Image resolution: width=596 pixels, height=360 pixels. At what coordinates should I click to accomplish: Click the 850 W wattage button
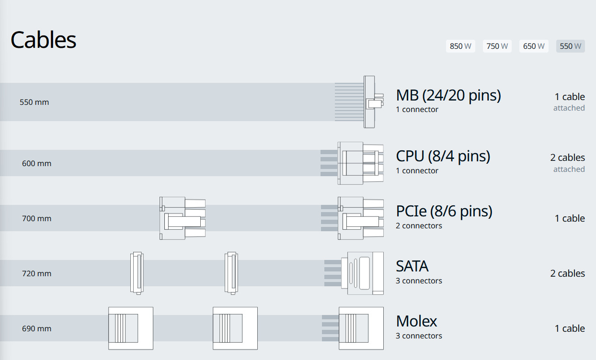click(x=460, y=46)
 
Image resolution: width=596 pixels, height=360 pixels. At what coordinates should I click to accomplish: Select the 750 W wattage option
click(x=497, y=46)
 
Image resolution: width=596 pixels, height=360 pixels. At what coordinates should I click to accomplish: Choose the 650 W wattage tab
click(x=534, y=46)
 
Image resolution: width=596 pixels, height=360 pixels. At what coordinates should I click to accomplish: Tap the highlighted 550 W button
click(x=570, y=46)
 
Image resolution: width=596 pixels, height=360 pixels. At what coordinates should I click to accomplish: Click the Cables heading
click(x=44, y=40)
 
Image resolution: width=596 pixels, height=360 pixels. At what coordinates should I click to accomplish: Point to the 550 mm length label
click(x=34, y=102)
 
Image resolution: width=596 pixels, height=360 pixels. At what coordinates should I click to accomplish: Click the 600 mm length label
click(x=36, y=163)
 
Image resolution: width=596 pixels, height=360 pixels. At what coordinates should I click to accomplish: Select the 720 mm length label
click(x=36, y=273)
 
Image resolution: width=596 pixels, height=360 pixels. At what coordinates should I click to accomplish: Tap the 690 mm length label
click(x=36, y=328)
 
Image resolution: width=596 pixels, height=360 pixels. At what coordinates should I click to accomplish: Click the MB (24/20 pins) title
click(x=448, y=95)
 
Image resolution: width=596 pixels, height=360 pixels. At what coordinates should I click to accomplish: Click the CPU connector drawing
click(x=360, y=163)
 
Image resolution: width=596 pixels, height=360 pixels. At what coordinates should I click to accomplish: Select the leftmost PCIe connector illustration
click(x=183, y=218)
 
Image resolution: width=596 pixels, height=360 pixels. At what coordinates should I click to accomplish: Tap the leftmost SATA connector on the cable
click(x=137, y=272)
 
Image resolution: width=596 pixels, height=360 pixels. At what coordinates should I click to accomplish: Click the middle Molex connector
click(x=235, y=328)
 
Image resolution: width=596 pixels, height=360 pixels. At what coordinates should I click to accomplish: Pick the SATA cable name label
click(x=412, y=266)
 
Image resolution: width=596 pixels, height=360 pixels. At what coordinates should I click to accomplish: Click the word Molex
click(x=416, y=321)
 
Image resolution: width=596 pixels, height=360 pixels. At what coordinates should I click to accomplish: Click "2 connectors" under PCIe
click(x=419, y=226)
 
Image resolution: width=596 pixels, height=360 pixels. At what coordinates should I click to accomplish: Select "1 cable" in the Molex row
click(x=570, y=328)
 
